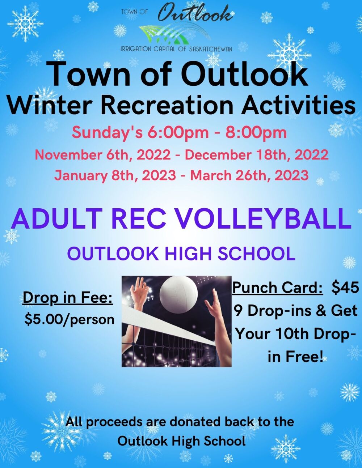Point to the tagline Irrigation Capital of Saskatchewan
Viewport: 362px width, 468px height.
click(x=176, y=49)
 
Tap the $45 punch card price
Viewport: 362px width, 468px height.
click(x=345, y=288)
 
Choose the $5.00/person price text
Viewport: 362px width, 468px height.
click(x=69, y=319)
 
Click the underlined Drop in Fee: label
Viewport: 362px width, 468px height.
click(x=68, y=298)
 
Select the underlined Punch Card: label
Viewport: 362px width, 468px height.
click(x=278, y=288)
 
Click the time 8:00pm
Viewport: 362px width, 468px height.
click(x=256, y=133)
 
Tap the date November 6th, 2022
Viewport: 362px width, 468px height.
click(x=102, y=155)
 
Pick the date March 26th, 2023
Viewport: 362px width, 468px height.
click(x=249, y=175)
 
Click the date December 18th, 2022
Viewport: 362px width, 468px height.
click(x=257, y=155)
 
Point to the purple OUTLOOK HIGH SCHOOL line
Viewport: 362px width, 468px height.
click(x=181, y=254)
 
